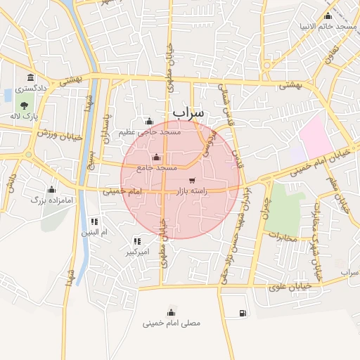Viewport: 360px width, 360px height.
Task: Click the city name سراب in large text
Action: point(188,112)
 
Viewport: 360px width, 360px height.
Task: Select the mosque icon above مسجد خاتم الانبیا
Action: point(328,16)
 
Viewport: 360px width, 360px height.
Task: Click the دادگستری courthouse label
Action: point(31,89)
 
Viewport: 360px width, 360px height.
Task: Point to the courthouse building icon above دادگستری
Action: point(30,78)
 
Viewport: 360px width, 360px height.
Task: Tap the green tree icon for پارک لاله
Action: point(25,105)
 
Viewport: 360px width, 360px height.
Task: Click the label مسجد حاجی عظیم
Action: point(150,131)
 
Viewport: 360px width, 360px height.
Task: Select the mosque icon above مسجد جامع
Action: point(155,157)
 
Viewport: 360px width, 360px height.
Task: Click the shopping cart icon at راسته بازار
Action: point(193,180)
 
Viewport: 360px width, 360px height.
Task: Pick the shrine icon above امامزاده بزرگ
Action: point(51,190)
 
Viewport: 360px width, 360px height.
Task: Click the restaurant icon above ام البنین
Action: point(94,221)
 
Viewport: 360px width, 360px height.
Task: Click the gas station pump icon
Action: point(243,313)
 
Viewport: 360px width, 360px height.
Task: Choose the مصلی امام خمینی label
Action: point(172,324)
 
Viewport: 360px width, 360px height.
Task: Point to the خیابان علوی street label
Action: point(288,287)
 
